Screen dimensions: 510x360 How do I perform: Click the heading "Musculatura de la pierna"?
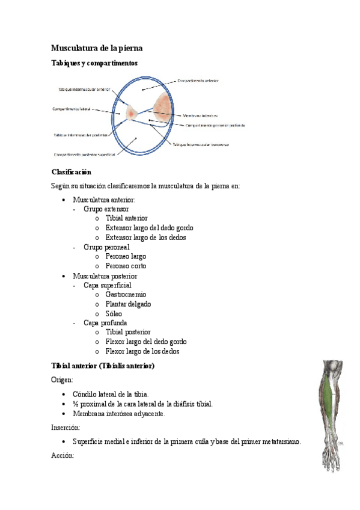pos(96,48)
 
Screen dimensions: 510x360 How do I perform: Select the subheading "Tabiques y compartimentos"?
pos(94,63)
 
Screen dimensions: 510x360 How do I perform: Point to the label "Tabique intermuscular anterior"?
pos(84,89)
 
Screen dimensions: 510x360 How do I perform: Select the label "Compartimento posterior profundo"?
pos(219,126)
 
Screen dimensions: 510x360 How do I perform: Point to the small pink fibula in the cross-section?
pos(130,111)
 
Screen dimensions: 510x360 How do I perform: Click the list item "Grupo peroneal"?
pos(106,247)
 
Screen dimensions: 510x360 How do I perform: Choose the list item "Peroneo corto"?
pos(126,266)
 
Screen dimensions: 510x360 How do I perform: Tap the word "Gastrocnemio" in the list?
pos(126,295)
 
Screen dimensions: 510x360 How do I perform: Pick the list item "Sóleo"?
pos(114,313)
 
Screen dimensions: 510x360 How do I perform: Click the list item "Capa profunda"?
pos(105,323)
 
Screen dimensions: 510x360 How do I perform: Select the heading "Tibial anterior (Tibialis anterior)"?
pos(103,366)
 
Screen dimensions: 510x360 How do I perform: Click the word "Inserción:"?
pos(66,428)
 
